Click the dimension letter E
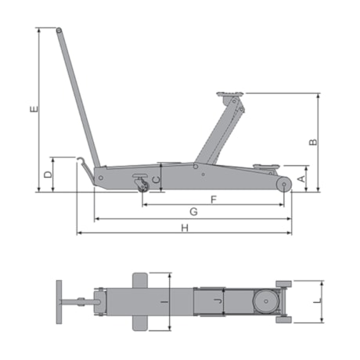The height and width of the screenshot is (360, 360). (x=34, y=109)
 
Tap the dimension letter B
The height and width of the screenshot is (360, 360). (x=313, y=142)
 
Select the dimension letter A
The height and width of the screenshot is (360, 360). (x=301, y=179)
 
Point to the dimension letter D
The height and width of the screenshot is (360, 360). (x=48, y=175)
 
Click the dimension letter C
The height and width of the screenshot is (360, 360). (x=156, y=180)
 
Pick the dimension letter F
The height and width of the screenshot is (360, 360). (x=214, y=200)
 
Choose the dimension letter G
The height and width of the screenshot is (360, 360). (x=193, y=212)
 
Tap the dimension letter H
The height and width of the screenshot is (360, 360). (x=185, y=229)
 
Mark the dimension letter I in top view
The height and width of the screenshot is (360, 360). (x=164, y=302)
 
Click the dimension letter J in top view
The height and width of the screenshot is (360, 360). (x=218, y=301)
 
